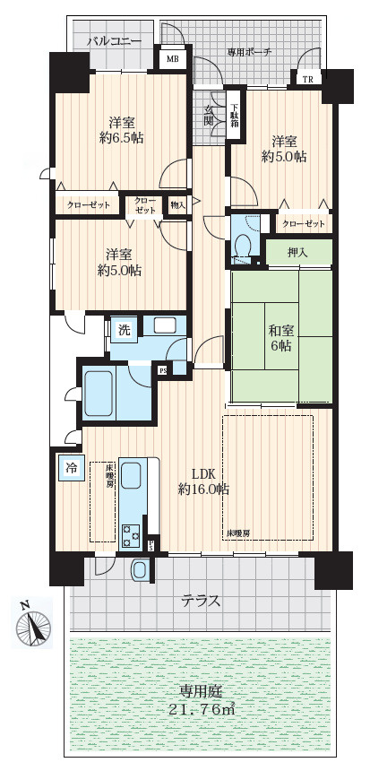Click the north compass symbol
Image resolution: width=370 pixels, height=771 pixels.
pos(33,623)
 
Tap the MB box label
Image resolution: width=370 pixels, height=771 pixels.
pos(172,59)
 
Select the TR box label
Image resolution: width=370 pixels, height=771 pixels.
pos(307,79)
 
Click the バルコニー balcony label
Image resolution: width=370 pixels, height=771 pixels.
pos(115,41)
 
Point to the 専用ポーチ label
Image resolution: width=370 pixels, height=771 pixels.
pos(249,52)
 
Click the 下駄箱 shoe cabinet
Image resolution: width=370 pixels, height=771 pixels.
pos(235,115)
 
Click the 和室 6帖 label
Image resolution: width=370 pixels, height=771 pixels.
pos(280,337)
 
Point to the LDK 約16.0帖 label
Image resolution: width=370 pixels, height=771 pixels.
pos(203,482)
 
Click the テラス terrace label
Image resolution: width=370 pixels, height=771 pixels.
pos(200,601)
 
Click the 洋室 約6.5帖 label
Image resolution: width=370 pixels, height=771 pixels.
pos(121,130)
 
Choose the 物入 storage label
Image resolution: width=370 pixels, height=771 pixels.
pos(178,204)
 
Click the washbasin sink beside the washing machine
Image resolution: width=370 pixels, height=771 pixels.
pos(165,325)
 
